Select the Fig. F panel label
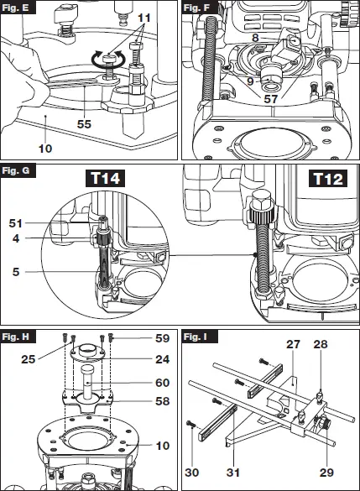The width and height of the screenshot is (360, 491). (x=197, y=8)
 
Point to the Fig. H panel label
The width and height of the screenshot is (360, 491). (x=16, y=337)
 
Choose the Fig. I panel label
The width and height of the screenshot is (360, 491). (x=196, y=337)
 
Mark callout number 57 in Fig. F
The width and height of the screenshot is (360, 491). (x=270, y=99)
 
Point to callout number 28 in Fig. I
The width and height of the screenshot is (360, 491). (x=321, y=345)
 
